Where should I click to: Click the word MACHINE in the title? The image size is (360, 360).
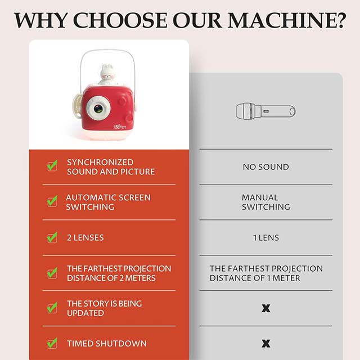click(280, 20)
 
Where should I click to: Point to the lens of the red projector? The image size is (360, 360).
click(98, 109)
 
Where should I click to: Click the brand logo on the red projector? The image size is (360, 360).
click(120, 126)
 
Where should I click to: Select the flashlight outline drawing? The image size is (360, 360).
click(266, 111)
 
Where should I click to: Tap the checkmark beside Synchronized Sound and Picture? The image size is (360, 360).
click(52, 165)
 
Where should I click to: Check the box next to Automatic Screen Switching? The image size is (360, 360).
click(52, 201)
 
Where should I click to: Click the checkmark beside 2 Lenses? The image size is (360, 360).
click(52, 237)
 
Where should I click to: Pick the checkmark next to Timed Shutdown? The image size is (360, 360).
click(52, 343)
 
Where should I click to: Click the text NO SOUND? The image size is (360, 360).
click(266, 167)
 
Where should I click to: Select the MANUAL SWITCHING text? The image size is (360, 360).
click(266, 202)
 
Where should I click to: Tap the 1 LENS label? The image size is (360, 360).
click(266, 237)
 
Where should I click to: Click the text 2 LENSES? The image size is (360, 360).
click(85, 237)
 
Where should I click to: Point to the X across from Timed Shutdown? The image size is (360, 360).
click(266, 344)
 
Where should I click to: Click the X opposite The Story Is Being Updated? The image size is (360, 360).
click(266, 308)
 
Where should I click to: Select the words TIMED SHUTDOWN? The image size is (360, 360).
click(107, 344)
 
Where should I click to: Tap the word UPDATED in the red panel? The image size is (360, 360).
click(85, 313)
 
